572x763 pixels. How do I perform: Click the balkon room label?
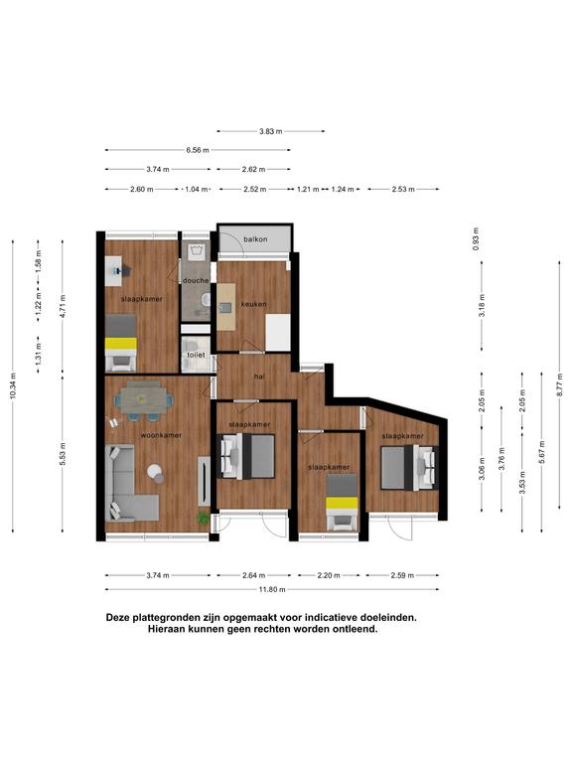(x=255, y=239)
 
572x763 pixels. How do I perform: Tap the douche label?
(x=196, y=280)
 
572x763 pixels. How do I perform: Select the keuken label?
(x=253, y=304)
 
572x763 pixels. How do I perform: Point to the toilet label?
(x=196, y=355)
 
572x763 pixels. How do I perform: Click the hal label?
(x=259, y=377)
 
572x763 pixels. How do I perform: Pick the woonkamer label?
(x=161, y=435)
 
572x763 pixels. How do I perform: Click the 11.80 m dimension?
(x=272, y=589)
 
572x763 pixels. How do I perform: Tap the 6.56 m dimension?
(x=198, y=150)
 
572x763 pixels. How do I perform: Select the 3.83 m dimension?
(x=270, y=131)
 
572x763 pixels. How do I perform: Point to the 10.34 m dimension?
(x=13, y=385)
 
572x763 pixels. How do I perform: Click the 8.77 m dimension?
(x=560, y=384)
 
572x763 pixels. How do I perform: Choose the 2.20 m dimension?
(x=329, y=575)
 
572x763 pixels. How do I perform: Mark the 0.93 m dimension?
(x=476, y=238)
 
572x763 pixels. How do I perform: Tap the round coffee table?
(x=156, y=473)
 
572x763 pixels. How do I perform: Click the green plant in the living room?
(x=203, y=519)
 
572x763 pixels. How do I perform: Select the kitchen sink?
(x=225, y=307)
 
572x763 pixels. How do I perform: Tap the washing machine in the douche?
(x=197, y=251)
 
